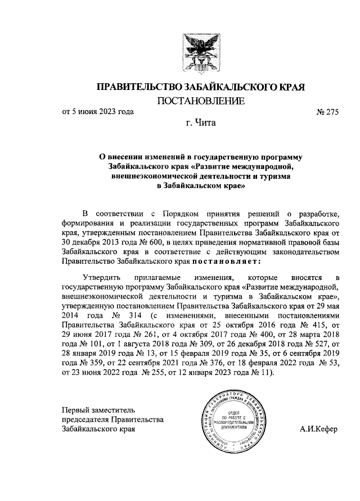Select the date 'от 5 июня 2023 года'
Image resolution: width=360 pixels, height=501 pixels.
coord(98,111)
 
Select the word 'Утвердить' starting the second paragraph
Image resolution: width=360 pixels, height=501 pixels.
coord(100,278)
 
